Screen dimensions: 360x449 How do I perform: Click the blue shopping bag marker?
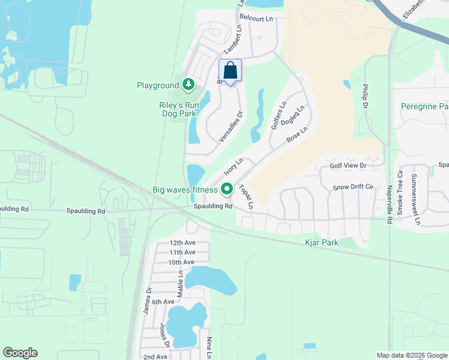click(230, 71)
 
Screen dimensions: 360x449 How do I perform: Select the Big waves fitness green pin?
click(227, 189)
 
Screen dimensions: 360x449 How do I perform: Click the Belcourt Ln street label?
click(255, 19)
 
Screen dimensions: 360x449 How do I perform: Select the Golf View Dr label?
click(348, 165)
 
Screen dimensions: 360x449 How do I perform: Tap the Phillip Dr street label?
click(364, 96)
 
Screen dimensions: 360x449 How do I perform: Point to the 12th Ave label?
click(182, 243)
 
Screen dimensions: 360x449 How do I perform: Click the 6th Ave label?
click(163, 302)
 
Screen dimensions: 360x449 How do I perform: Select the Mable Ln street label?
click(179, 277)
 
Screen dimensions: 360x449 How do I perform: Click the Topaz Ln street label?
click(246, 197)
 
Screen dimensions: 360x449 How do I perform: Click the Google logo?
click(20, 353)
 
